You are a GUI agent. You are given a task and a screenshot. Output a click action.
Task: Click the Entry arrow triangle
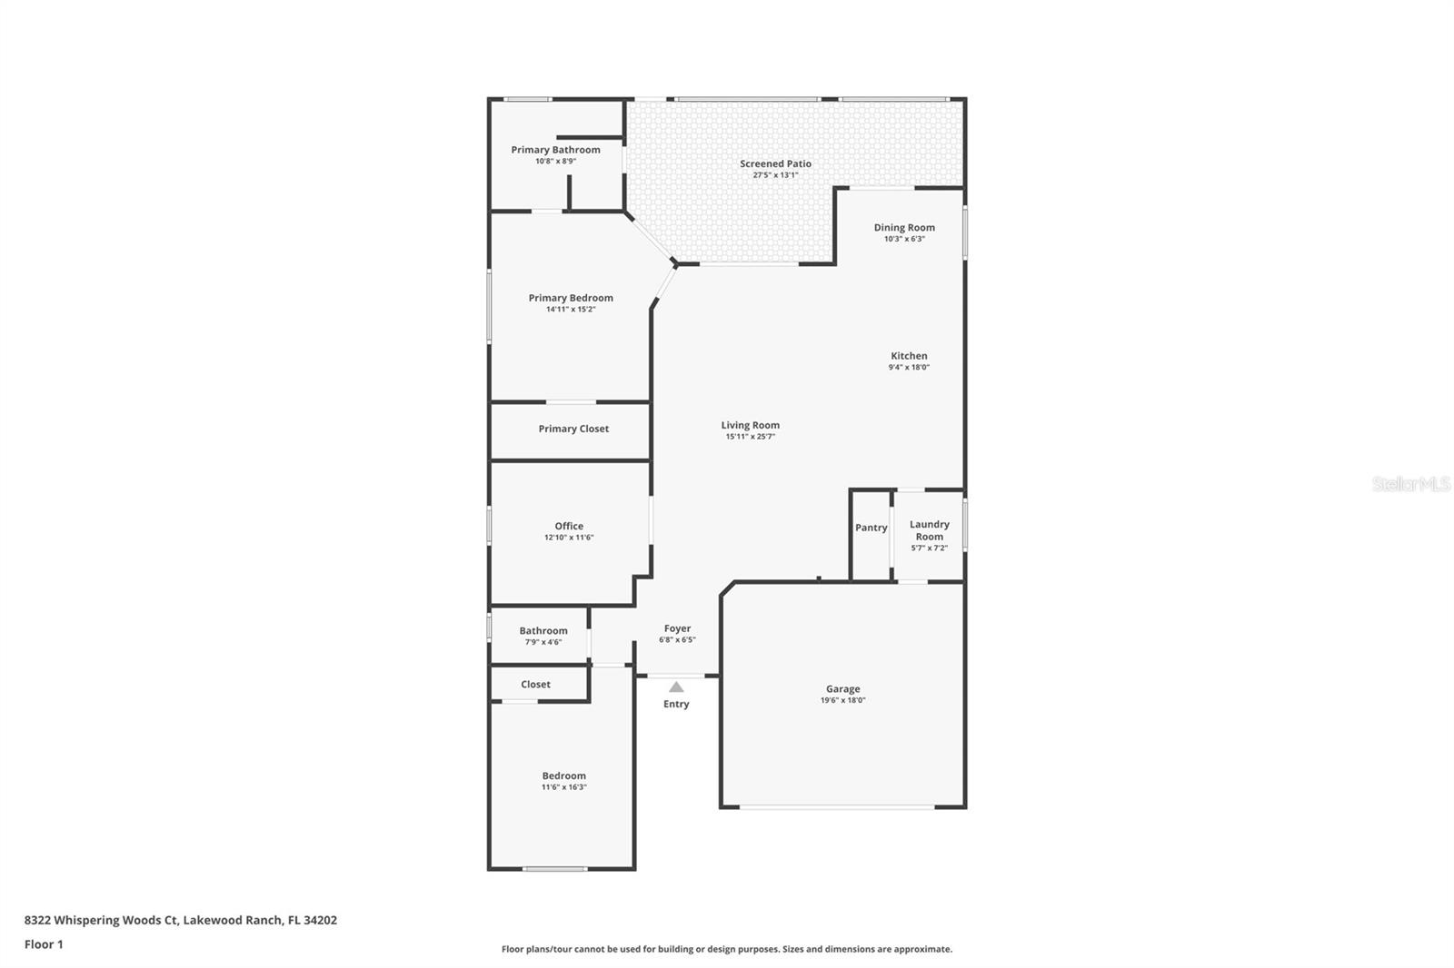[x=676, y=687]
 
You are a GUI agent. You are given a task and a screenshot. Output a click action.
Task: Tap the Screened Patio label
[x=775, y=164]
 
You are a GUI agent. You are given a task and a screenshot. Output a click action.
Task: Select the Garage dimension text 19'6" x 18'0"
[x=842, y=700]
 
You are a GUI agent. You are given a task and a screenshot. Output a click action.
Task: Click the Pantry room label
[x=871, y=528]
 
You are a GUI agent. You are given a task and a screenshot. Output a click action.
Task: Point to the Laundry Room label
[x=929, y=529]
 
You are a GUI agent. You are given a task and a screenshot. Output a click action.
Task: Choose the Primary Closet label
[x=573, y=429]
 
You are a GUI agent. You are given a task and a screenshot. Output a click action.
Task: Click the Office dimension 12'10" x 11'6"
[x=569, y=538]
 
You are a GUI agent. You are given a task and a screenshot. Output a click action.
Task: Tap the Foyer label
[x=677, y=628]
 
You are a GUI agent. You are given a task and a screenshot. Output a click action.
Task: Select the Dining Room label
[x=904, y=228]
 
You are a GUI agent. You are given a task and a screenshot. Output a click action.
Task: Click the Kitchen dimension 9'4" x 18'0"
[x=909, y=368]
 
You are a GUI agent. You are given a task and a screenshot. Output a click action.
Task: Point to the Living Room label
[x=750, y=425]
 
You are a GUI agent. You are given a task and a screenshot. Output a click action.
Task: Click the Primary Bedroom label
[x=571, y=298]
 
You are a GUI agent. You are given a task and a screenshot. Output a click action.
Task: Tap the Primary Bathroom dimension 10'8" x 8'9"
[x=555, y=162]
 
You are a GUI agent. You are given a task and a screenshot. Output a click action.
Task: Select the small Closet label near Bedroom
[x=535, y=685]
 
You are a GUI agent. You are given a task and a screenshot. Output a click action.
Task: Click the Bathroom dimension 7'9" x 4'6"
[x=543, y=642]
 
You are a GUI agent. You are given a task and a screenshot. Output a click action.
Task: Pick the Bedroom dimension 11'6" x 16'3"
[x=563, y=787]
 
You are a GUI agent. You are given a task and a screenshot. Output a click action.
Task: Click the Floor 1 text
[x=44, y=944]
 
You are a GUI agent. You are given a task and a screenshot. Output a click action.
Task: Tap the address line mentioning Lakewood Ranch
[x=180, y=920]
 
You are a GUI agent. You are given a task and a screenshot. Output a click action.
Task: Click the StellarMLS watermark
[x=1410, y=484]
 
